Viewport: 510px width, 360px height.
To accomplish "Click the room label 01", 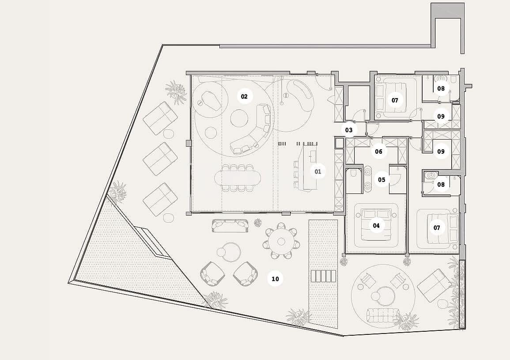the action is click(x=318, y=171).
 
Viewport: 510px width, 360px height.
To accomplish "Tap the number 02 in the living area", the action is click(x=244, y=96).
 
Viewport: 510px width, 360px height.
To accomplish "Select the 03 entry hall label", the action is click(x=349, y=130).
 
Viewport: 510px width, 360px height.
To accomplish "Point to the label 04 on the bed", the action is click(x=376, y=226).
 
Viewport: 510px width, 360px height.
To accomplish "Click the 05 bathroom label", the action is click(x=382, y=180).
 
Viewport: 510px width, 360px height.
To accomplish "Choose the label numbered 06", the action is click(x=378, y=152).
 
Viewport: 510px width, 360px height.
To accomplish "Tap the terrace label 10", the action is click(x=275, y=279).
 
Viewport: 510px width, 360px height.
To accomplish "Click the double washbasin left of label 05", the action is click(x=368, y=179).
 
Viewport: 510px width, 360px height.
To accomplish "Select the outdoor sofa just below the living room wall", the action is click(x=230, y=225).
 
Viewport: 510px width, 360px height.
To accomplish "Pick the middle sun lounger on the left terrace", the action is click(x=160, y=159).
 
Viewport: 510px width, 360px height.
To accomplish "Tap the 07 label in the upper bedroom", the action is click(x=395, y=100).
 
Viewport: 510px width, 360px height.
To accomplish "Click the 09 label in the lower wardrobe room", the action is click(x=441, y=152).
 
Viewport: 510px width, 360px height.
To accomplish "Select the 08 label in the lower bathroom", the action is click(x=441, y=185).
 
